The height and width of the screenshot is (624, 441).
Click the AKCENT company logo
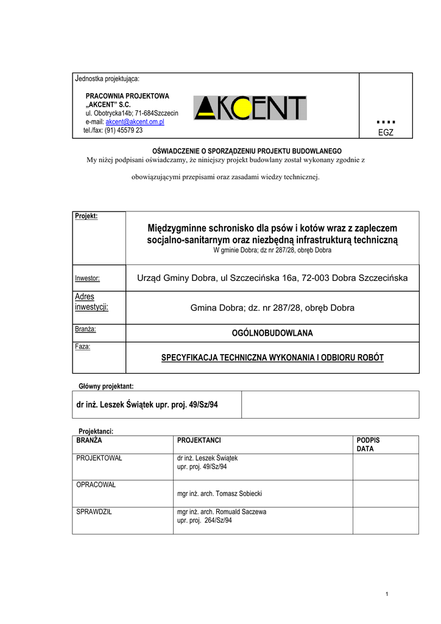point(250,108)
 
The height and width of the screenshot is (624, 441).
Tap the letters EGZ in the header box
point(386,132)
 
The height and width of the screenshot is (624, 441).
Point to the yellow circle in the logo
point(242,108)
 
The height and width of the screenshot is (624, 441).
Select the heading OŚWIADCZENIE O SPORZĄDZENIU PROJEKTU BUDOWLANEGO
point(246,151)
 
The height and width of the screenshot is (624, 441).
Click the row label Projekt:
point(86,216)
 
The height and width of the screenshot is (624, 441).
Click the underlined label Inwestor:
point(87,278)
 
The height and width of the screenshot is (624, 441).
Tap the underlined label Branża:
point(86,329)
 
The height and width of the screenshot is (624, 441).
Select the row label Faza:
point(83,347)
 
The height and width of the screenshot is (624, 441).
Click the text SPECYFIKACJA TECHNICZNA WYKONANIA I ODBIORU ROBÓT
point(272,357)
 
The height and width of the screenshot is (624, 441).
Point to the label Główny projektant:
point(106,386)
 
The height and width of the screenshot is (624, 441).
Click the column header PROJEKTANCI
point(199,440)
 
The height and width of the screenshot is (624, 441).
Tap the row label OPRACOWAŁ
point(96,485)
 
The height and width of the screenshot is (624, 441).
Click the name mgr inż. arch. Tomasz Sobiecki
point(219,494)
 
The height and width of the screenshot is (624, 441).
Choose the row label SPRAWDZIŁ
point(94,512)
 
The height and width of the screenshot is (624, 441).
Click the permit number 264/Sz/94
point(219,520)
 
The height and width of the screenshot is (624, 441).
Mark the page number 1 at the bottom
point(387,594)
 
